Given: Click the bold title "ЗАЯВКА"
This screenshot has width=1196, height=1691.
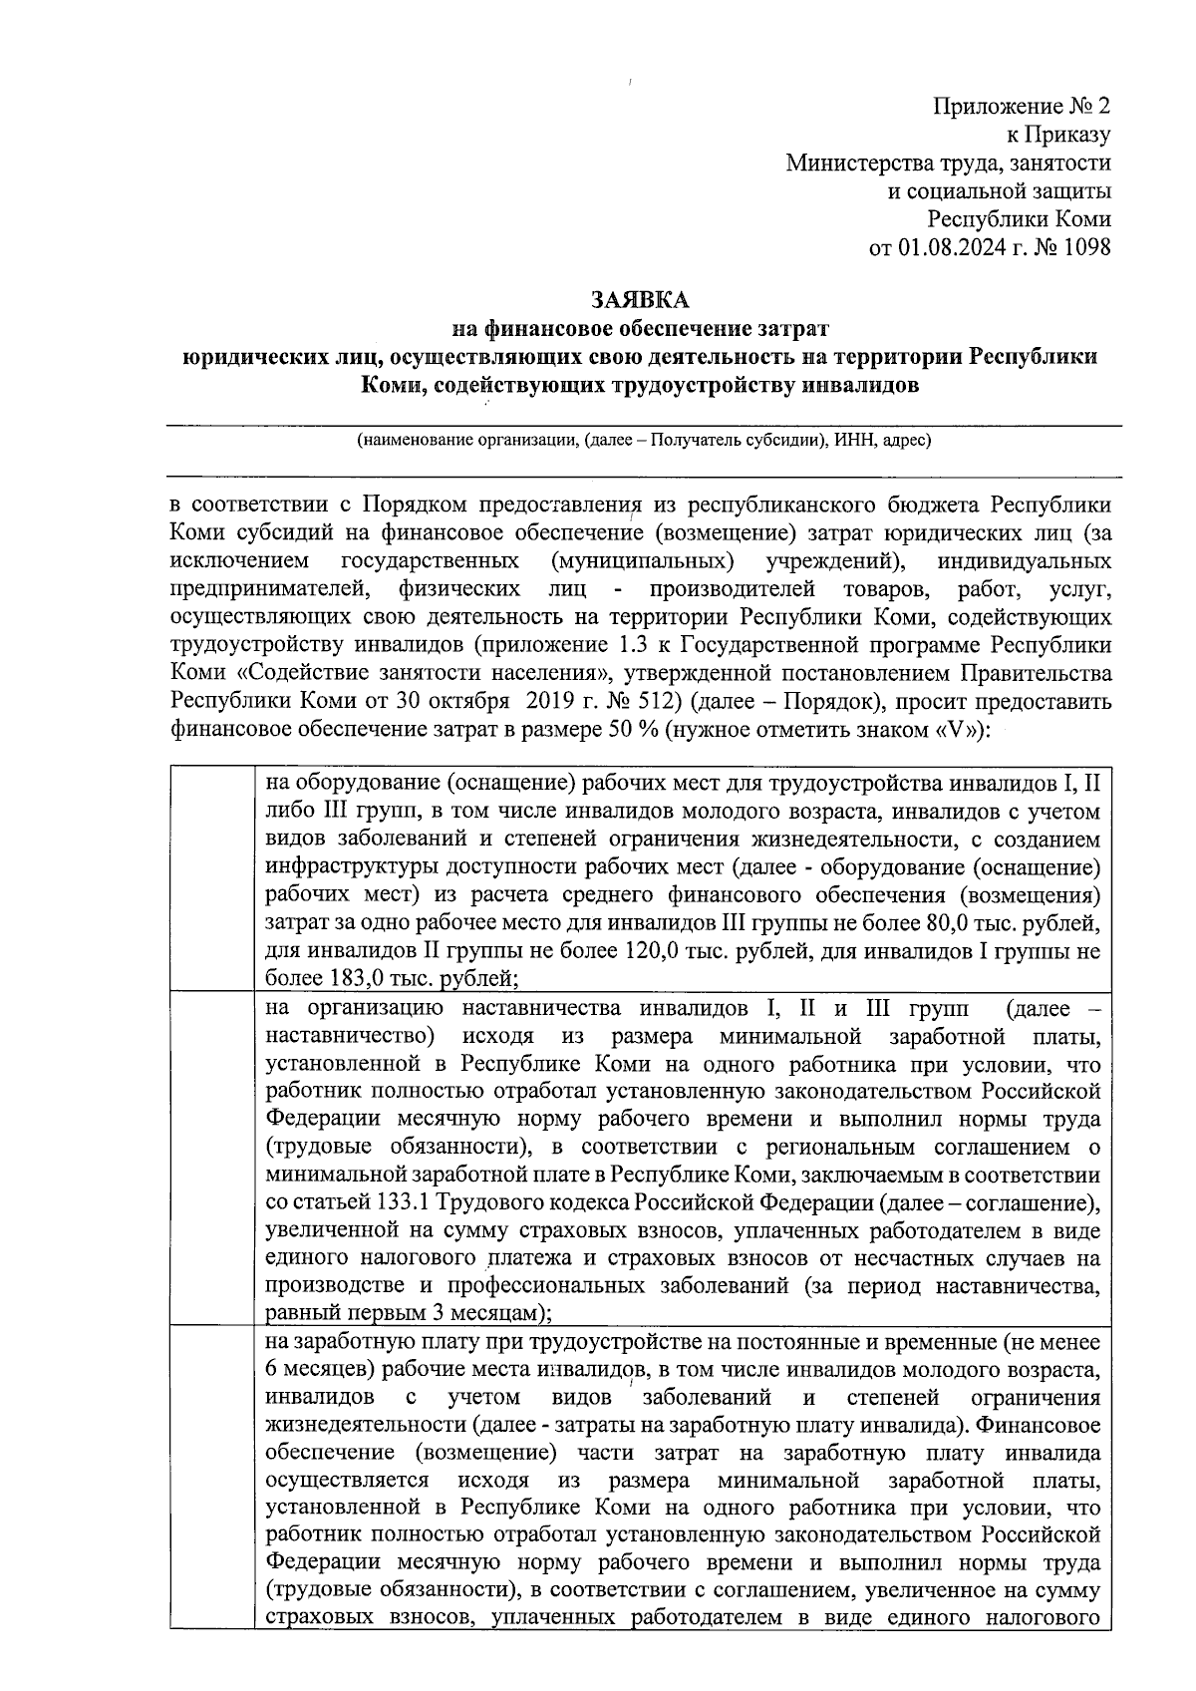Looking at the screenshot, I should click(639, 299).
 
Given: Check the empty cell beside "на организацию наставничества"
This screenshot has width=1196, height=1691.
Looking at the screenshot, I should click(211, 1158).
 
